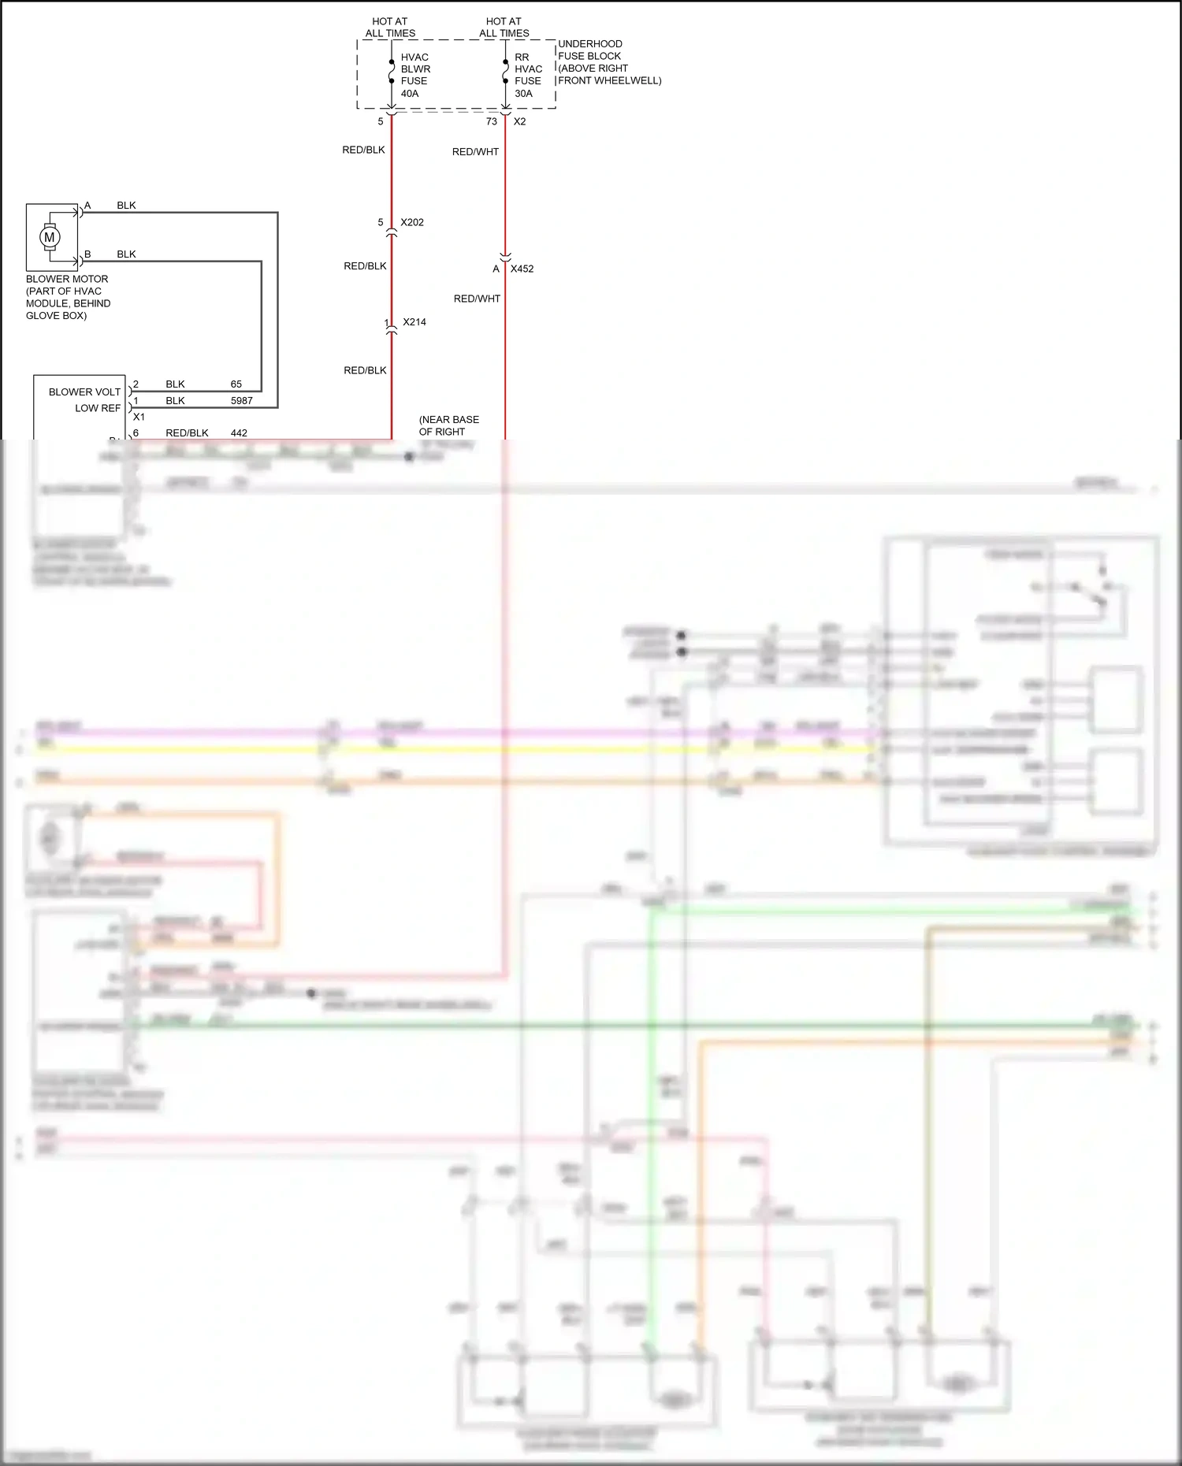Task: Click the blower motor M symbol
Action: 50,236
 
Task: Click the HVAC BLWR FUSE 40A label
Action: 414,76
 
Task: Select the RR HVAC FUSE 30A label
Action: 528,76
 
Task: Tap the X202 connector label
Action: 412,222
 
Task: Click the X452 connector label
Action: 522,269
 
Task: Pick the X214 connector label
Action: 414,322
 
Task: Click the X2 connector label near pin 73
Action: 519,121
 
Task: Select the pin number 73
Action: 492,121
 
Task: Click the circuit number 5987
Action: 242,401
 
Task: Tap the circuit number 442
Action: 239,433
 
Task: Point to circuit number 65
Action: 236,384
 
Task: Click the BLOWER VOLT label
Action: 84,392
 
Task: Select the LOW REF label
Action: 98,408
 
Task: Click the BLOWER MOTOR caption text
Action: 68,297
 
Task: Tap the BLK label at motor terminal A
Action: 126,206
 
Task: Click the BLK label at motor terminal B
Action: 126,254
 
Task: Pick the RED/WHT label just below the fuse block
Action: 475,152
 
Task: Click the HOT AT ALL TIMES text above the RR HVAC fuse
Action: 504,28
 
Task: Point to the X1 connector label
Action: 139,417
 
